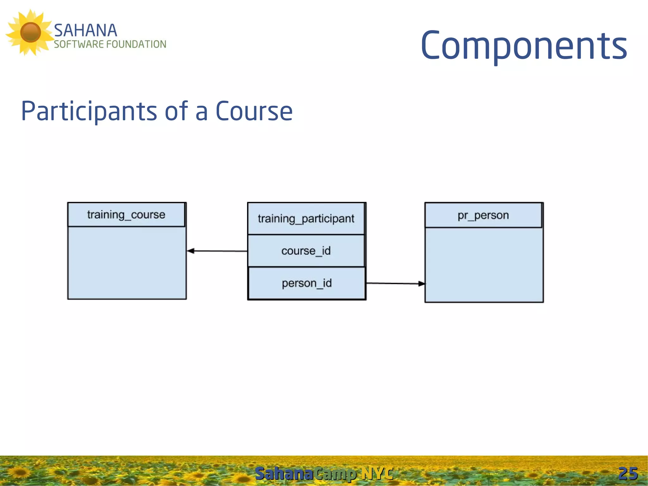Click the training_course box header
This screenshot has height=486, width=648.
pos(126,215)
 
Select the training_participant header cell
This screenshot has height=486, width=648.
pos(306,218)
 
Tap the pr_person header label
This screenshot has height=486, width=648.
pos(483,215)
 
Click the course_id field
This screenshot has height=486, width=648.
pos(306,251)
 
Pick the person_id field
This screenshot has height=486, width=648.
pos(307,283)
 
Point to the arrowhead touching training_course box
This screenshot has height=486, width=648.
pos(190,251)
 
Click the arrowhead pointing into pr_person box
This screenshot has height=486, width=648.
pos(422,284)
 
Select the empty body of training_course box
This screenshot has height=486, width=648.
pos(127,263)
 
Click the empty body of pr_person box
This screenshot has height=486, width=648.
pos(484,265)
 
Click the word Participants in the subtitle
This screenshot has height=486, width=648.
pos(89,111)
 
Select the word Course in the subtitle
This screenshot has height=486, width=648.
pos(254,111)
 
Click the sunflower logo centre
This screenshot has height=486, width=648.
pos(30,32)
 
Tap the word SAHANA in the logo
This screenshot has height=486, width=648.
pos(85,31)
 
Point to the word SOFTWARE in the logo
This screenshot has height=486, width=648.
pos(79,44)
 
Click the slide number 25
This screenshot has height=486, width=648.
pos(628,474)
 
